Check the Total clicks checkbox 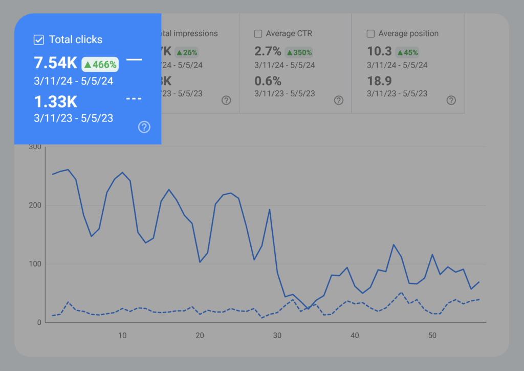click(38, 39)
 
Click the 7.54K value click(55, 63)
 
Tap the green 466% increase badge click(100, 64)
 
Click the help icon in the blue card click(144, 127)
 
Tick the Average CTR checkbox click(258, 34)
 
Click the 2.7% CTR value click(268, 51)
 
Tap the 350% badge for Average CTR click(299, 52)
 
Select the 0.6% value click(268, 81)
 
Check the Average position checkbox click(371, 34)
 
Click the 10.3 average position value click(380, 51)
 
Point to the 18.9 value click(380, 81)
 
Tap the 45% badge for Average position click(407, 52)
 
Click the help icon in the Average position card click(451, 100)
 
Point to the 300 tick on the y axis click(35, 147)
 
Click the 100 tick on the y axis click(35, 264)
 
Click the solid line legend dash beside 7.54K click(134, 60)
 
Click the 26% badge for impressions click(187, 52)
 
